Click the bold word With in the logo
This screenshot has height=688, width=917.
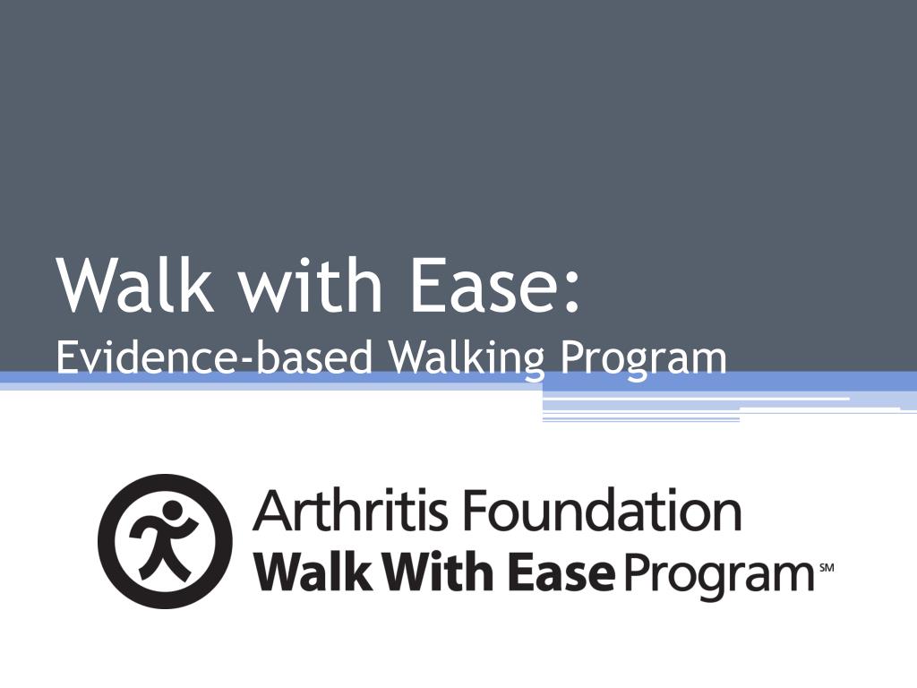(430, 572)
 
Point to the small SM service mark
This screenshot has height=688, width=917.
(826, 567)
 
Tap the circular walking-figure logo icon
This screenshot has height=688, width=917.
(165, 541)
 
